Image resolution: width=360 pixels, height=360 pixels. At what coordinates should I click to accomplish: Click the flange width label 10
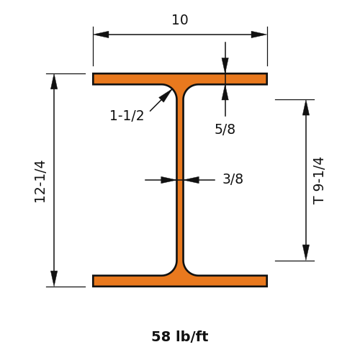[180, 20]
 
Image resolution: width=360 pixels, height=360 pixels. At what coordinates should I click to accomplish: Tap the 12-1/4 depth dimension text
[40, 181]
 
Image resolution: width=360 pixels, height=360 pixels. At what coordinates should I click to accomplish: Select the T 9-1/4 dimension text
[318, 181]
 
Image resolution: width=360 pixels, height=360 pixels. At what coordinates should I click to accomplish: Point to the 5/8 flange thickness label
[225, 129]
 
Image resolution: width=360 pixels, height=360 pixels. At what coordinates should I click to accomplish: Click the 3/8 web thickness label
[233, 179]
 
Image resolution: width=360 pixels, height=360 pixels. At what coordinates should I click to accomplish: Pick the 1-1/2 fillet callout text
[127, 115]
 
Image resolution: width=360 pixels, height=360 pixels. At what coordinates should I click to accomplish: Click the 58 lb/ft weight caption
[180, 336]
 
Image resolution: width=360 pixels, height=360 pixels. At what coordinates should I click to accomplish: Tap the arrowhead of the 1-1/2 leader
[166, 96]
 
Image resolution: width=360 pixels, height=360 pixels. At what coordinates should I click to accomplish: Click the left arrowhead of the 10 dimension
[101, 35]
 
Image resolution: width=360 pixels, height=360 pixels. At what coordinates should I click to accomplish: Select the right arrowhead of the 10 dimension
[258, 35]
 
